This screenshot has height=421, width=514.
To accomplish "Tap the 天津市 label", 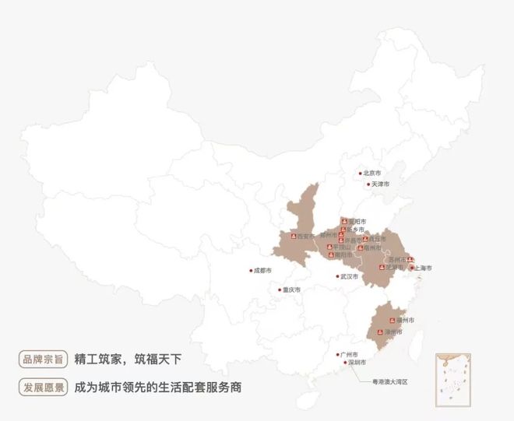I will (x=380, y=184).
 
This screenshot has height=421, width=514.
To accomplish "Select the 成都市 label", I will (x=262, y=271).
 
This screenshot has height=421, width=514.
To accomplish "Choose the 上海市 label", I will (x=424, y=268).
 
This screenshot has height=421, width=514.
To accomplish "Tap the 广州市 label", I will (x=349, y=355).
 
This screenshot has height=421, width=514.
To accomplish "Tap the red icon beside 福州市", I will (x=392, y=320).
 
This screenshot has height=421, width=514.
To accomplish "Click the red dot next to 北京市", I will (x=361, y=174).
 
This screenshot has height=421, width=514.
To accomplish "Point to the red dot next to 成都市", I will (x=250, y=271).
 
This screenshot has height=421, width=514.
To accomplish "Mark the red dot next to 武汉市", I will (x=337, y=276).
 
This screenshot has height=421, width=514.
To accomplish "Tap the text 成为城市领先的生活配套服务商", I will (x=157, y=387).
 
